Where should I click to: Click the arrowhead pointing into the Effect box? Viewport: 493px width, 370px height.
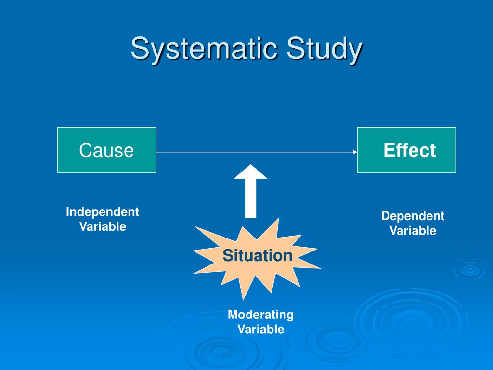coord(355,152)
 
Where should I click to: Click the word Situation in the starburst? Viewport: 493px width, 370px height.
coord(257,255)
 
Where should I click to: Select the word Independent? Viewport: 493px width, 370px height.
coord(103,212)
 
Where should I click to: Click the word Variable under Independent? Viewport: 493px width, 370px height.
coord(103,226)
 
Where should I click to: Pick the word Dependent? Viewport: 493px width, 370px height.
coord(413,216)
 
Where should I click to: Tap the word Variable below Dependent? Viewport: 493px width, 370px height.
coord(413,231)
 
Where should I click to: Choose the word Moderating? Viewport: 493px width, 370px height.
coord(260,315)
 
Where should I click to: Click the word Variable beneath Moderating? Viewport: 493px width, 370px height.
coord(260,330)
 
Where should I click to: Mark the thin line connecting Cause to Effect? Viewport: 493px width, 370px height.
coord(255,152)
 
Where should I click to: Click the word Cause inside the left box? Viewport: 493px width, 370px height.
coord(106,150)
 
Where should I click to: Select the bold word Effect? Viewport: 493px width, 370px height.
coord(409,150)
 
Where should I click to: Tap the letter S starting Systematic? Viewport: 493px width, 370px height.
coord(139,49)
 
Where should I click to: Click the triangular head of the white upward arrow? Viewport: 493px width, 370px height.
coord(250,172)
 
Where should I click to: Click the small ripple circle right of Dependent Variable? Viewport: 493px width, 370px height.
coord(469,269)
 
